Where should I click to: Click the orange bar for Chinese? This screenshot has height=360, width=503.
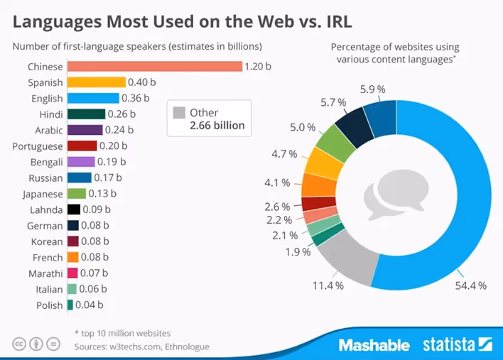pos(153,67)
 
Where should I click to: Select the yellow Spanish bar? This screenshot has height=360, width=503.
pos(96,82)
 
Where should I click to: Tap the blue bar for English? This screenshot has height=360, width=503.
pos(93,98)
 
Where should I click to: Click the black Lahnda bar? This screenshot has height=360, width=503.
pos(72,209)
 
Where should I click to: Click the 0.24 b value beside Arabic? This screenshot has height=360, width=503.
pos(117,130)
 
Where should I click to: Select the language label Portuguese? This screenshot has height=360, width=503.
pos(38,146)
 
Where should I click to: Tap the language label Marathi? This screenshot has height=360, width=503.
pos(45,273)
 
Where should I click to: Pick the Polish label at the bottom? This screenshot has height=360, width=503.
pos(50,305)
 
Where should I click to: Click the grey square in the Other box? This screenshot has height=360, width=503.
pos(179,112)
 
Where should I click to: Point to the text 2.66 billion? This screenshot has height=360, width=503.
pos(217,126)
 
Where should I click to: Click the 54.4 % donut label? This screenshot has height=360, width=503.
pos(471,285)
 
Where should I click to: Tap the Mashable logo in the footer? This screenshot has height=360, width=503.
pos(374,345)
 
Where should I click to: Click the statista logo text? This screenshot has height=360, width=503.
pos(449,345)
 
